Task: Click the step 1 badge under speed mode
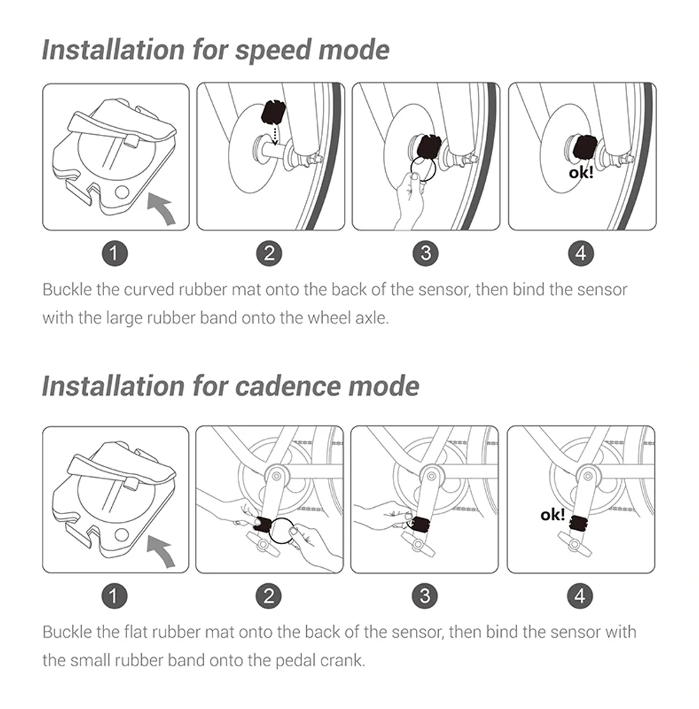[116, 254]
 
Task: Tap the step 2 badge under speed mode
[270, 254]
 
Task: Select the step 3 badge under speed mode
[426, 254]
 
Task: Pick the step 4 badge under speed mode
[581, 254]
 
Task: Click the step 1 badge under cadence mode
[116, 596]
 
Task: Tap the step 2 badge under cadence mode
[270, 596]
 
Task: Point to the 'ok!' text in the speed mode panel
[580, 171]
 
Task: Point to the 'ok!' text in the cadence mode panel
[553, 515]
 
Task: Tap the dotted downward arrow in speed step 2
[275, 133]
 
